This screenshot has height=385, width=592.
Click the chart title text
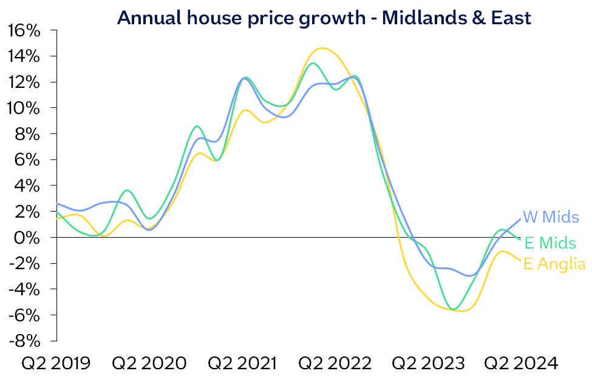click(324, 18)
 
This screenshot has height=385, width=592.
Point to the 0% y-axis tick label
click(29, 237)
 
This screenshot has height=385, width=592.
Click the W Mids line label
click(551, 217)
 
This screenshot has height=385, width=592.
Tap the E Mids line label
click(549, 243)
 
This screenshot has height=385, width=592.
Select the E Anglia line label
click(554, 264)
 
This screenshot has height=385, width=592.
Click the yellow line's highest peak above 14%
click(322, 49)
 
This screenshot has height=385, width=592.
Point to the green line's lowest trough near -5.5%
click(452, 309)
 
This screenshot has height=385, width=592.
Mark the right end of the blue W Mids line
click(520, 219)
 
